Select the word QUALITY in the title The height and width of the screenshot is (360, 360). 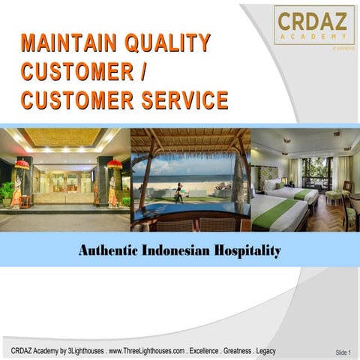[x=169, y=43]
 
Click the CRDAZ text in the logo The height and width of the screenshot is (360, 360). [x=313, y=19]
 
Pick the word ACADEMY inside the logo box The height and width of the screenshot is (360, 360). [x=313, y=34]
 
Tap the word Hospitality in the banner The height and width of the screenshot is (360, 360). [x=248, y=250]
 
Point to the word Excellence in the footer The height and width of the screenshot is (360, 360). [x=208, y=351]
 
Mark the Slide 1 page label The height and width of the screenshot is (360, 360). [x=343, y=352]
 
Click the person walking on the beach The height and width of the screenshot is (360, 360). [x=178, y=192]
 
